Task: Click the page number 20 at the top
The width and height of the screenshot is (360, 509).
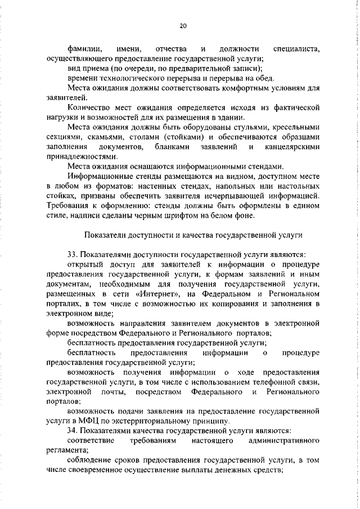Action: tap(183, 25)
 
